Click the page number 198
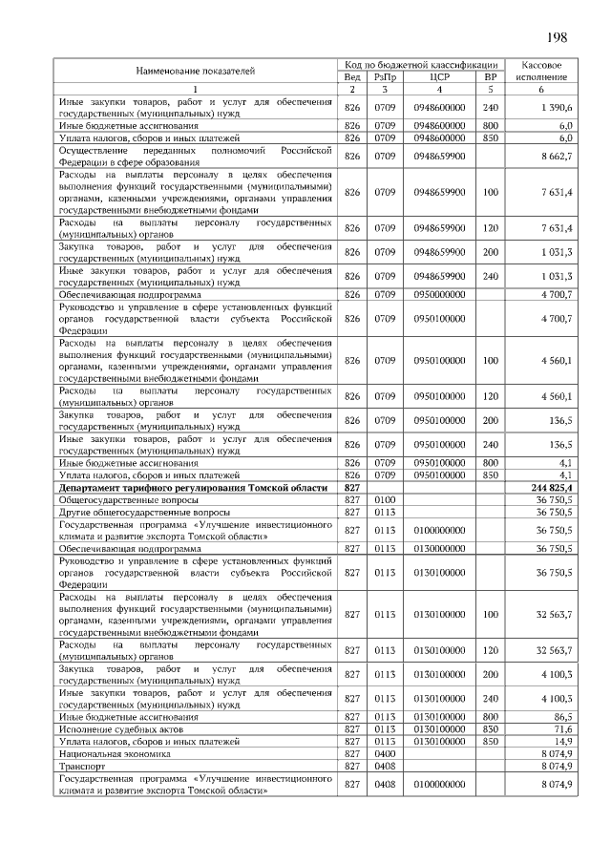click(557, 37)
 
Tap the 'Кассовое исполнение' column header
click(540, 70)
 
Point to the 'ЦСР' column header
click(439, 76)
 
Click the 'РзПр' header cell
click(385, 76)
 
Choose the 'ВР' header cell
click(491, 76)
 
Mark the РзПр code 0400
click(385, 753)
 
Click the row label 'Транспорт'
click(81, 766)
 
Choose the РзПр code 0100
click(385, 499)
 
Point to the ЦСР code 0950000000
click(439, 294)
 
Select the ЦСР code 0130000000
click(439, 549)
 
